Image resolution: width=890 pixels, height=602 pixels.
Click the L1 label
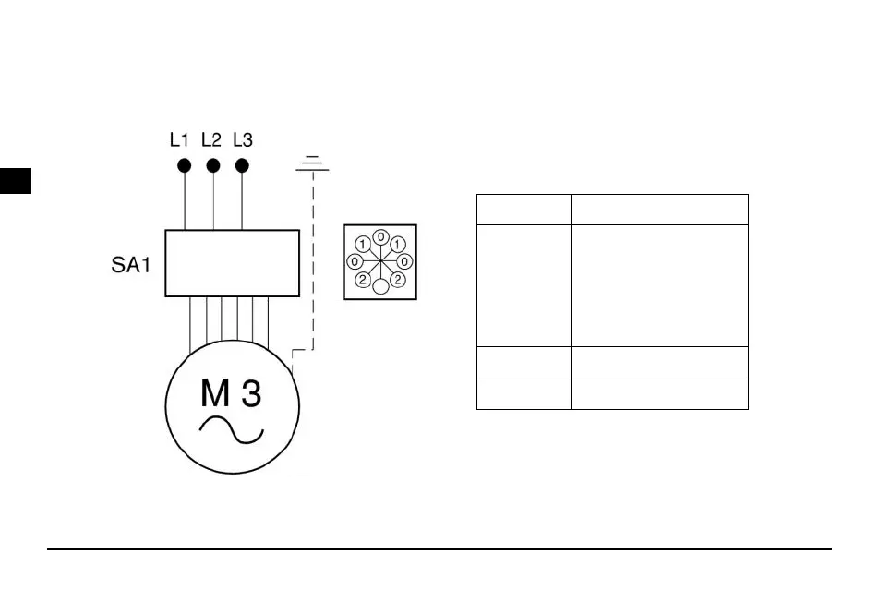coord(179,140)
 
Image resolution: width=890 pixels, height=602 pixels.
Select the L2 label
coord(211,140)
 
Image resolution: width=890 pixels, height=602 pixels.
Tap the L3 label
coord(243,140)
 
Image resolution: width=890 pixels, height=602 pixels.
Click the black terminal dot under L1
coord(185,165)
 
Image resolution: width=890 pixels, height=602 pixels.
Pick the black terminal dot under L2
coord(213,165)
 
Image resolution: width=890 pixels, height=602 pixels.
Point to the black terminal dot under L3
coord(242,165)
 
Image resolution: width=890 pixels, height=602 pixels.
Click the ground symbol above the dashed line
coord(313,164)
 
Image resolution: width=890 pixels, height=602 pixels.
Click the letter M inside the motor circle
coord(215,394)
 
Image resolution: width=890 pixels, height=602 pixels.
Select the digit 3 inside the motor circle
coord(251,394)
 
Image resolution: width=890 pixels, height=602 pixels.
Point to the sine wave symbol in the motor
coord(233,429)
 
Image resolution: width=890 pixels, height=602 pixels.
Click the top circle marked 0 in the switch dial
coord(380,236)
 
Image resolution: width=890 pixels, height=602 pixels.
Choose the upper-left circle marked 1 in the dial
coord(364,245)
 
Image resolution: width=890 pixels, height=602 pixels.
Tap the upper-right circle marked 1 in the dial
coord(397,245)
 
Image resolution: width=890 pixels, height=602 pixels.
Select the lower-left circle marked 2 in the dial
coord(364,279)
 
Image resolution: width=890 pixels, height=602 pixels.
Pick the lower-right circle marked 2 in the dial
coord(397,279)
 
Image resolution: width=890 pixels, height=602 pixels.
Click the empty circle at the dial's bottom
coord(380,287)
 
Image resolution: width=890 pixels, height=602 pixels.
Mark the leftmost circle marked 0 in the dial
coord(355,262)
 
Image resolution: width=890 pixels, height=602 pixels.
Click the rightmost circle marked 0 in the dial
coord(405,262)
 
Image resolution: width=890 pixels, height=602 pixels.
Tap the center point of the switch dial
coord(380,262)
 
